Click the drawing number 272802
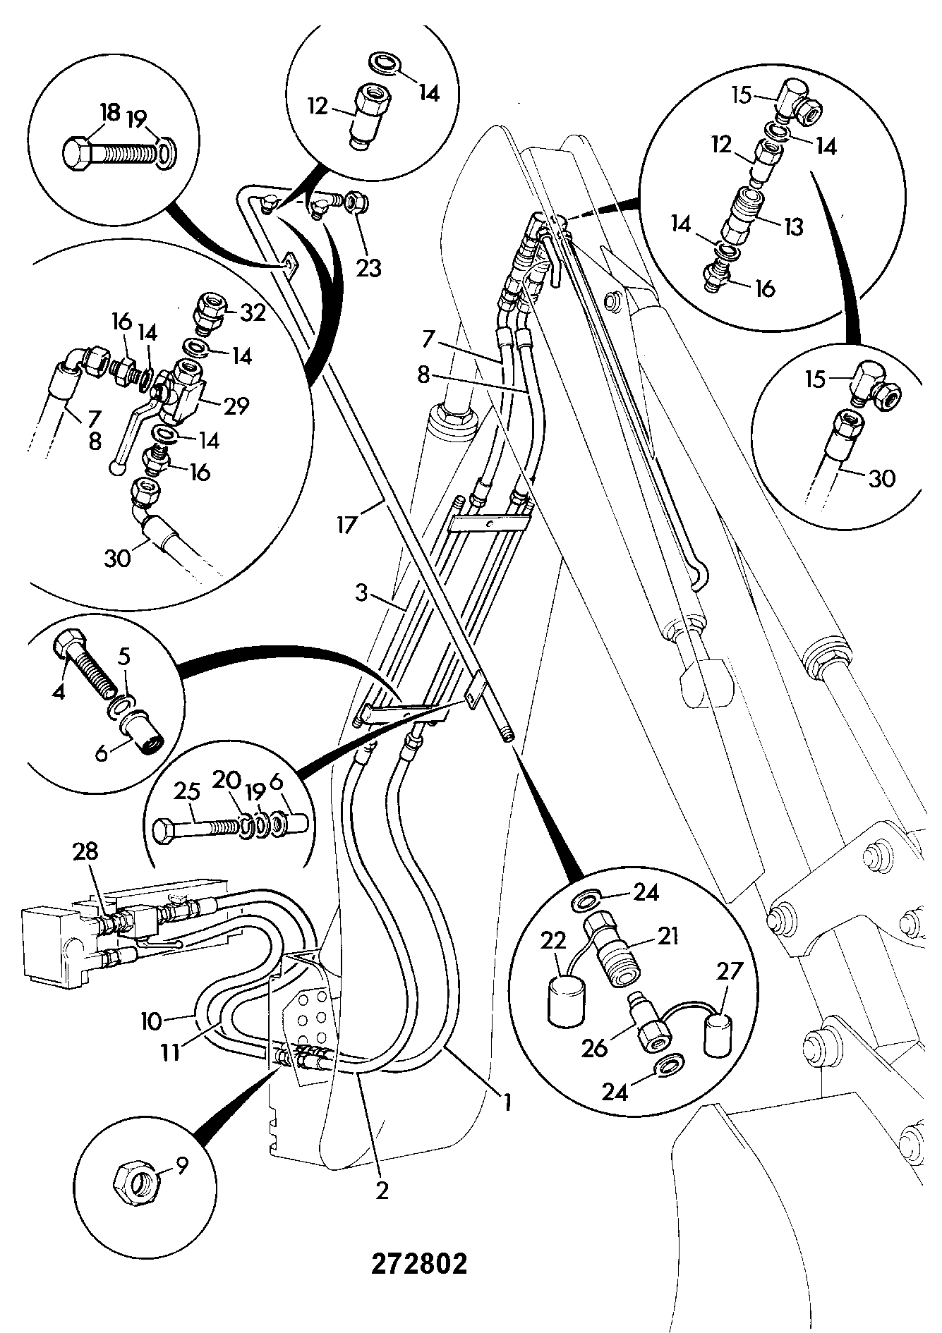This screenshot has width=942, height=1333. pyautogui.click(x=419, y=1264)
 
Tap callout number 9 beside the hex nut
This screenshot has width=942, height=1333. pyautogui.click(x=182, y=1167)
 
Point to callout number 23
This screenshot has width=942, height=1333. pyautogui.click(x=368, y=267)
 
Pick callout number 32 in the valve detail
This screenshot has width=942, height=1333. pyautogui.click(x=252, y=312)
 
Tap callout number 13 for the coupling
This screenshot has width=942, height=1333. pyautogui.click(x=793, y=228)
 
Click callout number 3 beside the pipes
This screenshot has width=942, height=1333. pyautogui.click(x=361, y=594)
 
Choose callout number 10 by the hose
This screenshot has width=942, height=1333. pyautogui.click(x=152, y=1021)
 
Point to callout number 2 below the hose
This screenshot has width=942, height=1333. pyautogui.click(x=382, y=1191)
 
